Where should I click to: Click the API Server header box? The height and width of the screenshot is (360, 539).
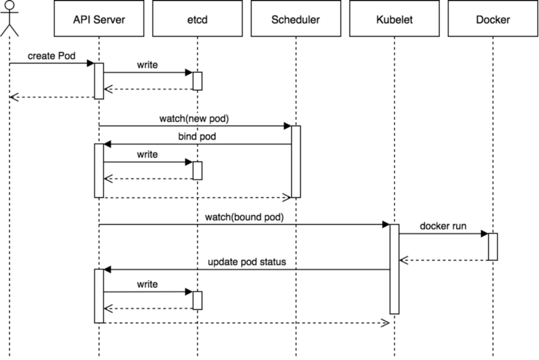[x=99, y=20]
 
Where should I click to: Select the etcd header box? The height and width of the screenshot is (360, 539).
[x=197, y=20]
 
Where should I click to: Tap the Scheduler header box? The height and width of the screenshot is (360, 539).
[x=296, y=20]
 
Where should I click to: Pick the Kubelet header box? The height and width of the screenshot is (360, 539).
[x=394, y=20]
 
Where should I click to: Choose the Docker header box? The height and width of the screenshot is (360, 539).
[x=493, y=20]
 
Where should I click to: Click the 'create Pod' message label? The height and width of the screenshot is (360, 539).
[x=51, y=55]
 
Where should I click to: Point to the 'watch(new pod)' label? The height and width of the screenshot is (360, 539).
[x=194, y=119]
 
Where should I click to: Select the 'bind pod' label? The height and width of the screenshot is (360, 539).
[x=197, y=137]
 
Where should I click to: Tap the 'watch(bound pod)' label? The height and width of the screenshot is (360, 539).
[x=245, y=217]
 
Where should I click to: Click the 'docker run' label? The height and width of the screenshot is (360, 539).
[x=443, y=226]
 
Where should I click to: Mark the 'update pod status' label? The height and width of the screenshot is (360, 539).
[x=247, y=262]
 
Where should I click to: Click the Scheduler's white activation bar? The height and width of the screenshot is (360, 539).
[x=296, y=161]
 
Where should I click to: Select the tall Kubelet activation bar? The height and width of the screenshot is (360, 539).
[x=394, y=269]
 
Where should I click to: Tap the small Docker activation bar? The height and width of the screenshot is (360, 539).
[x=493, y=246]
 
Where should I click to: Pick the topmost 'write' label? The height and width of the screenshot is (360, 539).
[x=148, y=65]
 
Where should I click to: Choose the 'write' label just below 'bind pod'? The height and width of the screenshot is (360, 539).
[x=148, y=154]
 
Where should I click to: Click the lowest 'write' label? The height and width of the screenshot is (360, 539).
[x=148, y=284]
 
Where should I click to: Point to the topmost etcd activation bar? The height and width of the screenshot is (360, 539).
[x=197, y=81]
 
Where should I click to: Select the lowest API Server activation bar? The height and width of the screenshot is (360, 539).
[x=99, y=295]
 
